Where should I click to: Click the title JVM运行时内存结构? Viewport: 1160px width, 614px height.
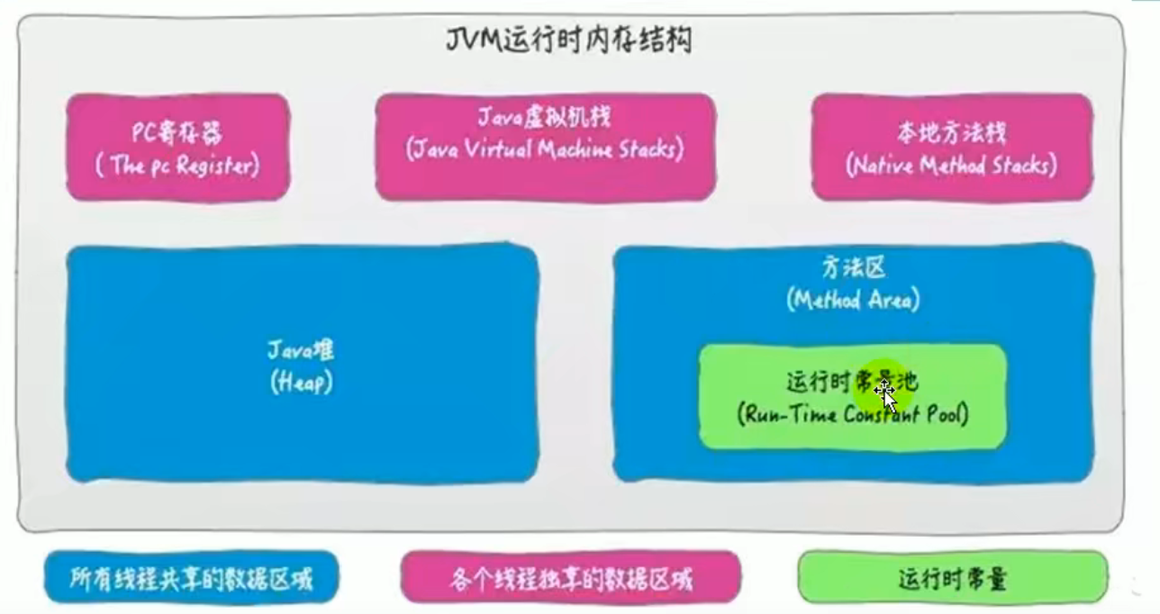[569, 41]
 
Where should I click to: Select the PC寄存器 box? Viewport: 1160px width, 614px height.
[177, 147]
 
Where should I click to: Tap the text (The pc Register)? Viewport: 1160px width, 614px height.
[177, 167]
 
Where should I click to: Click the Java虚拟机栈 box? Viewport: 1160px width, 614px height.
[545, 147]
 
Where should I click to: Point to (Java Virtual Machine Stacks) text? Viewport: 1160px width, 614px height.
[545, 149]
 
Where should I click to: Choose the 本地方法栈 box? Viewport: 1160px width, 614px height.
[951, 147]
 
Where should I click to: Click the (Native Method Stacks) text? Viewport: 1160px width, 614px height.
[951, 167]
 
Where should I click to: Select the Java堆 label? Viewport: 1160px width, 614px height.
[301, 350]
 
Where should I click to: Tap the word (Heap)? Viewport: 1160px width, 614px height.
[301, 383]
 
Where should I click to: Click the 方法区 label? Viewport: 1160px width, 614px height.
[853, 267]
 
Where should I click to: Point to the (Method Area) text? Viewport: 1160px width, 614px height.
[853, 300]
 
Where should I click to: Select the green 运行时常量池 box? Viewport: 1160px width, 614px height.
[852, 396]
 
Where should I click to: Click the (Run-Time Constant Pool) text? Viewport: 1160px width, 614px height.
[852, 415]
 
